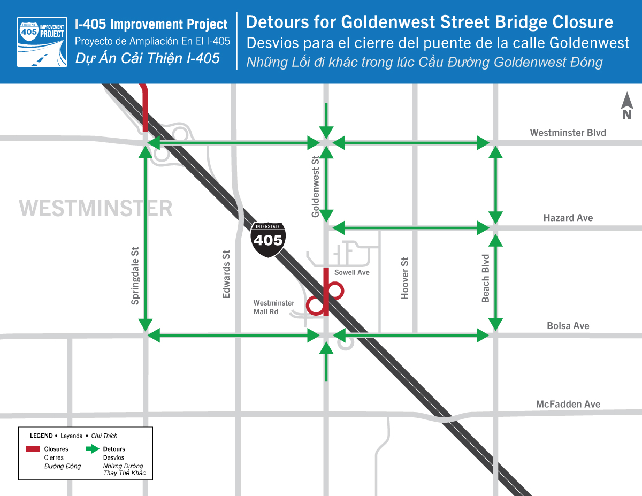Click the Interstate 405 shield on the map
[268, 239]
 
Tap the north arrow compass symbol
[627, 106]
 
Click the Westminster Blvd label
[568, 133]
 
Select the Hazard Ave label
[568, 218]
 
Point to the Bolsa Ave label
[568, 326]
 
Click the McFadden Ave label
[568, 404]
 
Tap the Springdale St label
[135, 276]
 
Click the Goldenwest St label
[316, 186]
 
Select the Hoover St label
[405, 278]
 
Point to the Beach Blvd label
[486, 278]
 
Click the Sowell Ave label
[351, 273]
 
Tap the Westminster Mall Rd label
[273, 307]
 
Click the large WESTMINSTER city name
[96, 208]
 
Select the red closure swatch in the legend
[33, 449]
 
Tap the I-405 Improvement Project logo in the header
[42, 42]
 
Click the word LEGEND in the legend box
[41, 436]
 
